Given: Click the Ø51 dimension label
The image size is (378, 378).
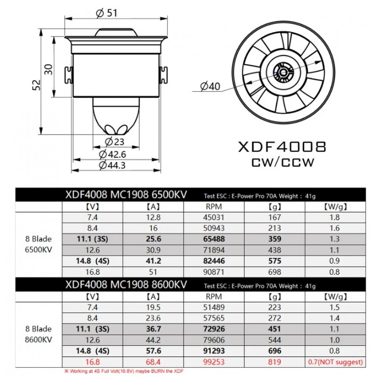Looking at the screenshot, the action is [106, 12].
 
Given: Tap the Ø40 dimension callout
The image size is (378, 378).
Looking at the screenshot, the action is [210, 86].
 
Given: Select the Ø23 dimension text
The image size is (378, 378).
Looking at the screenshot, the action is [114, 142].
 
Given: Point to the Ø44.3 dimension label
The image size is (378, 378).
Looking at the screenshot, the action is [112, 165].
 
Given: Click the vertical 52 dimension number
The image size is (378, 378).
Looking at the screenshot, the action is [37, 85].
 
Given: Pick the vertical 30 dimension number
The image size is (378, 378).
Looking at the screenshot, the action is [49, 69].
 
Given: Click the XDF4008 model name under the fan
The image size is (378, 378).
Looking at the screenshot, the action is [282, 146].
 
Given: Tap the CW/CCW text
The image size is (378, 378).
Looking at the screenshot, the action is [283, 163].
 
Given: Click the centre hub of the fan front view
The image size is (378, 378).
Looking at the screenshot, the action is [284, 73].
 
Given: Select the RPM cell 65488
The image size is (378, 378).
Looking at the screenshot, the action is [214, 239].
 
